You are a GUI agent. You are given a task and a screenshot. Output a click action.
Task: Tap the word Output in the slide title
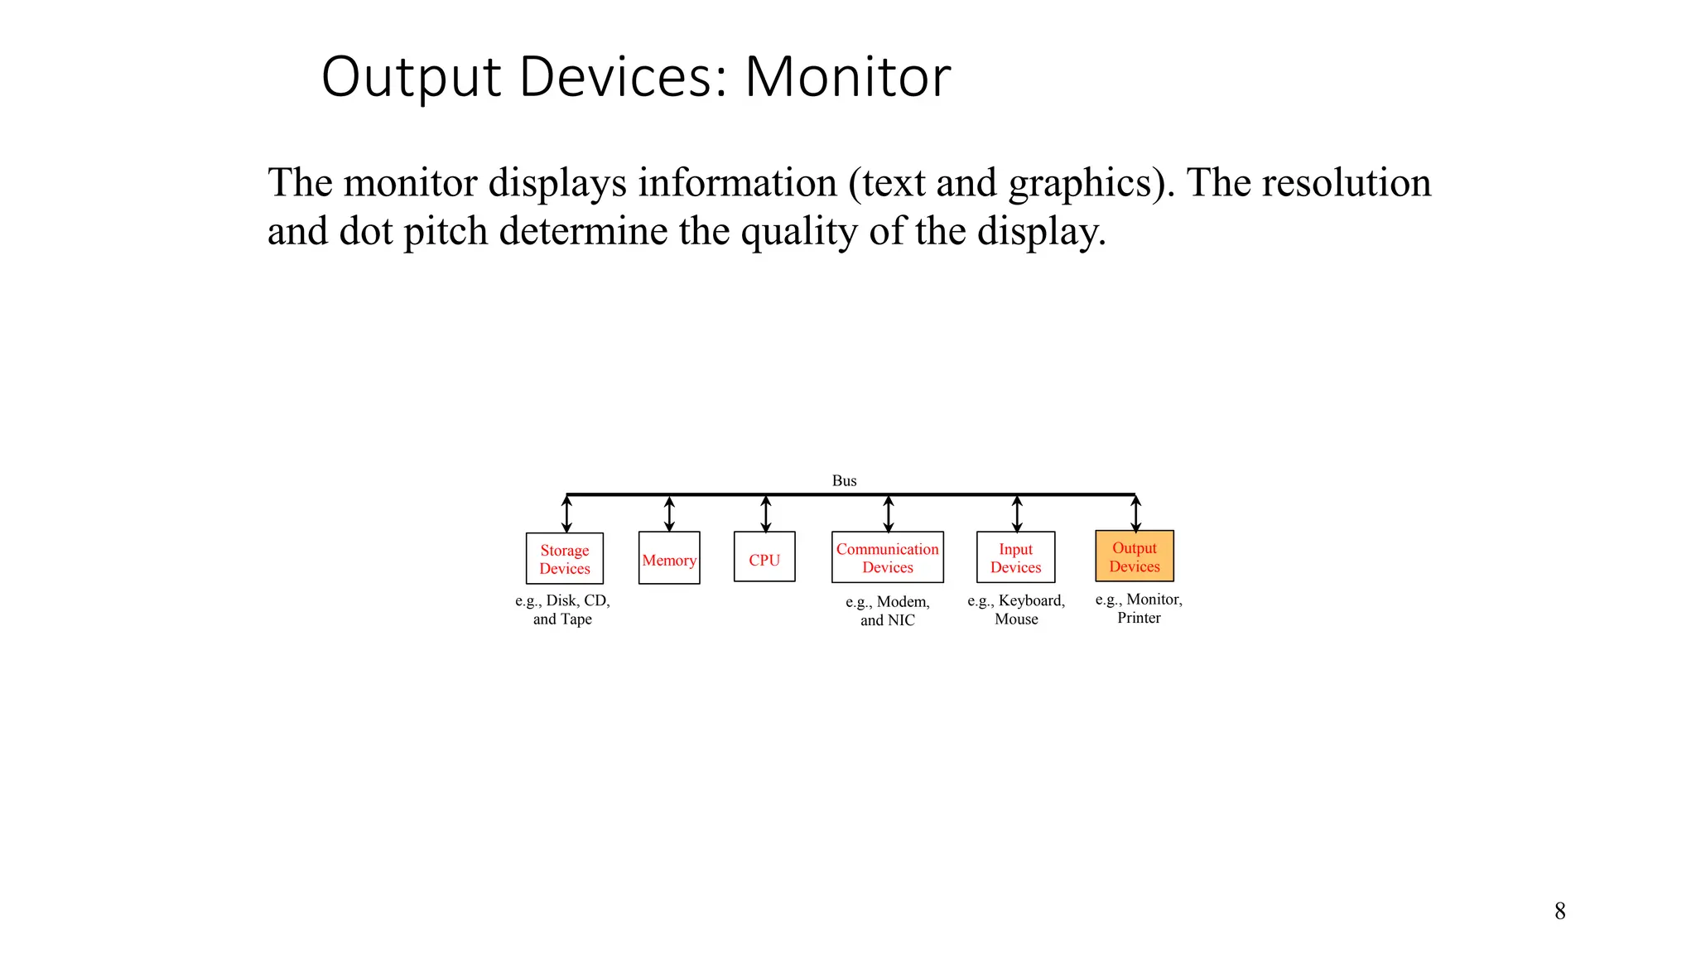pos(412,77)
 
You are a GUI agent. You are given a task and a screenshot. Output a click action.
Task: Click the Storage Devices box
pos(565,559)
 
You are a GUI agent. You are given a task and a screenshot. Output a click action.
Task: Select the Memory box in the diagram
pos(669,559)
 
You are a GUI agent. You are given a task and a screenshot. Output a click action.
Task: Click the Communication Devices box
pos(888,557)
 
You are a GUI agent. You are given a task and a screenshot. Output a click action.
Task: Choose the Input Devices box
pos(1015,557)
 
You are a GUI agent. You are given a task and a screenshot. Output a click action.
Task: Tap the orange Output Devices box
pos(1135,556)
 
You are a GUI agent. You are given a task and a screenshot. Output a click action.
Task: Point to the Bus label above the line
pos(844,480)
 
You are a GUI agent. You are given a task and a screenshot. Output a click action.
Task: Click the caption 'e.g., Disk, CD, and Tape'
pos(562,609)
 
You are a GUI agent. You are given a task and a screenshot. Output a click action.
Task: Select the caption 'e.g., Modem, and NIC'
pos(888,611)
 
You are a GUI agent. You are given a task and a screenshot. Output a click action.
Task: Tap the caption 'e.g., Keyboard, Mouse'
pos(1016,609)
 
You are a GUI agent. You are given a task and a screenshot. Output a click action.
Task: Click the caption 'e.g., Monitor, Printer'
pos(1139,608)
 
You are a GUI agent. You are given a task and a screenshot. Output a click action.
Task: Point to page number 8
pos(1559,911)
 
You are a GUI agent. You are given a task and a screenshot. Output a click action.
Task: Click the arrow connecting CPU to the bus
pos(766,513)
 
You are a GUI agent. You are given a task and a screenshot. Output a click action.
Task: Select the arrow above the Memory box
pos(669,513)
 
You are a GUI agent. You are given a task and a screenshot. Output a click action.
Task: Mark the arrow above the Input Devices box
pos(1017,513)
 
